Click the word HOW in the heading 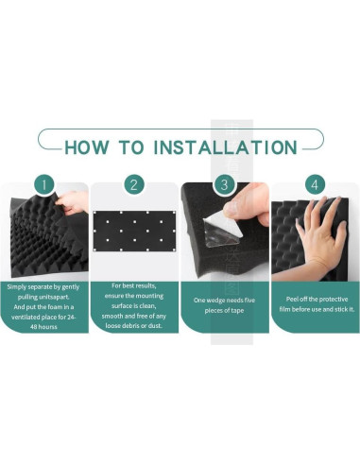(86, 147)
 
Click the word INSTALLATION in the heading (225, 147)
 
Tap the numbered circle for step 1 (44, 184)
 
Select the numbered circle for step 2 (134, 184)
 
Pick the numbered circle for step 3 (224, 184)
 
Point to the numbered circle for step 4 (315, 184)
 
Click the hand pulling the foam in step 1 (73, 202)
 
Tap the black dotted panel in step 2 (134, 232)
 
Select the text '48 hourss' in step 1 (43, 327)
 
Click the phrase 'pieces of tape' (224, 310)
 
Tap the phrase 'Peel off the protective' (317, 299)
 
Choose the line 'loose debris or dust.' (134, 326)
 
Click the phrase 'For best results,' (134, 285)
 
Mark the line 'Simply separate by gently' (43, 286)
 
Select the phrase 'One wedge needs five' (224, 300)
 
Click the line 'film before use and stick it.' (317, 309)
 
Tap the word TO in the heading (131, 147)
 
